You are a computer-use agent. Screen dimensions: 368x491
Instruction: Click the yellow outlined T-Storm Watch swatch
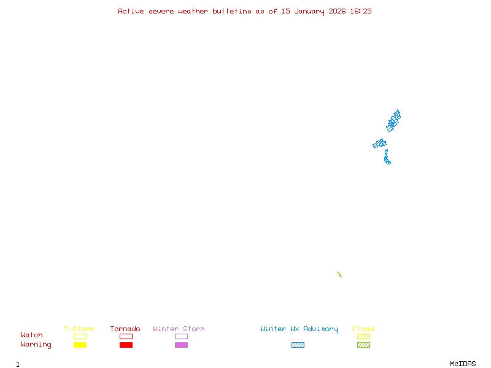[x=80, y=336]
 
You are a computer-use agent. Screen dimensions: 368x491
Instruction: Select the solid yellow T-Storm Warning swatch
[x=80, y=345]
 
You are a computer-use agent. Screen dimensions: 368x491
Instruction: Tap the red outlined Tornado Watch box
[x=126, y=336]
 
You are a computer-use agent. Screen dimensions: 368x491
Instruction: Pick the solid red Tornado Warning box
[x=126, y=345]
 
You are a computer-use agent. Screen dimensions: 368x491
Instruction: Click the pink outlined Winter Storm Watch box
[x=181, y=336]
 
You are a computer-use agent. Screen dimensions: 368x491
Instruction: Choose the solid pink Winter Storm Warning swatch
[x=181, y=345]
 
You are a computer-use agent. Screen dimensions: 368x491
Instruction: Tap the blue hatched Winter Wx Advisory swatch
[x=298, y=345]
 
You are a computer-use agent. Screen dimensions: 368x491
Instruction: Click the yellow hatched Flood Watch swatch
[x=363, y=336]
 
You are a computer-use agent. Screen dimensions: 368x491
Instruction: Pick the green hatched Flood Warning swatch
[x=363, y=345]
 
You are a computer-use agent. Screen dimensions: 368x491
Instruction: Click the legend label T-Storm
[x=79, y=329]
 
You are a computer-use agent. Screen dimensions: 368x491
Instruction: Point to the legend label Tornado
[x=125, y=329]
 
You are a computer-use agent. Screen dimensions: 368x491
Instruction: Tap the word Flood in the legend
[x=363, y=329]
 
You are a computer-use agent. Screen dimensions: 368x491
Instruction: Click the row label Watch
[x=32, y=335]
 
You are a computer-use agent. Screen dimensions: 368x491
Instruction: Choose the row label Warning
[x=36, y=345]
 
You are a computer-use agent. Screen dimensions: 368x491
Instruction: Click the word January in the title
[x=311, y=11]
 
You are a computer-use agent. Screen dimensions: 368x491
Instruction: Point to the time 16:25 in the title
[x=360, y=11]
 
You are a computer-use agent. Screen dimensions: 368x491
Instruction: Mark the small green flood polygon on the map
[x=339, y=274]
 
